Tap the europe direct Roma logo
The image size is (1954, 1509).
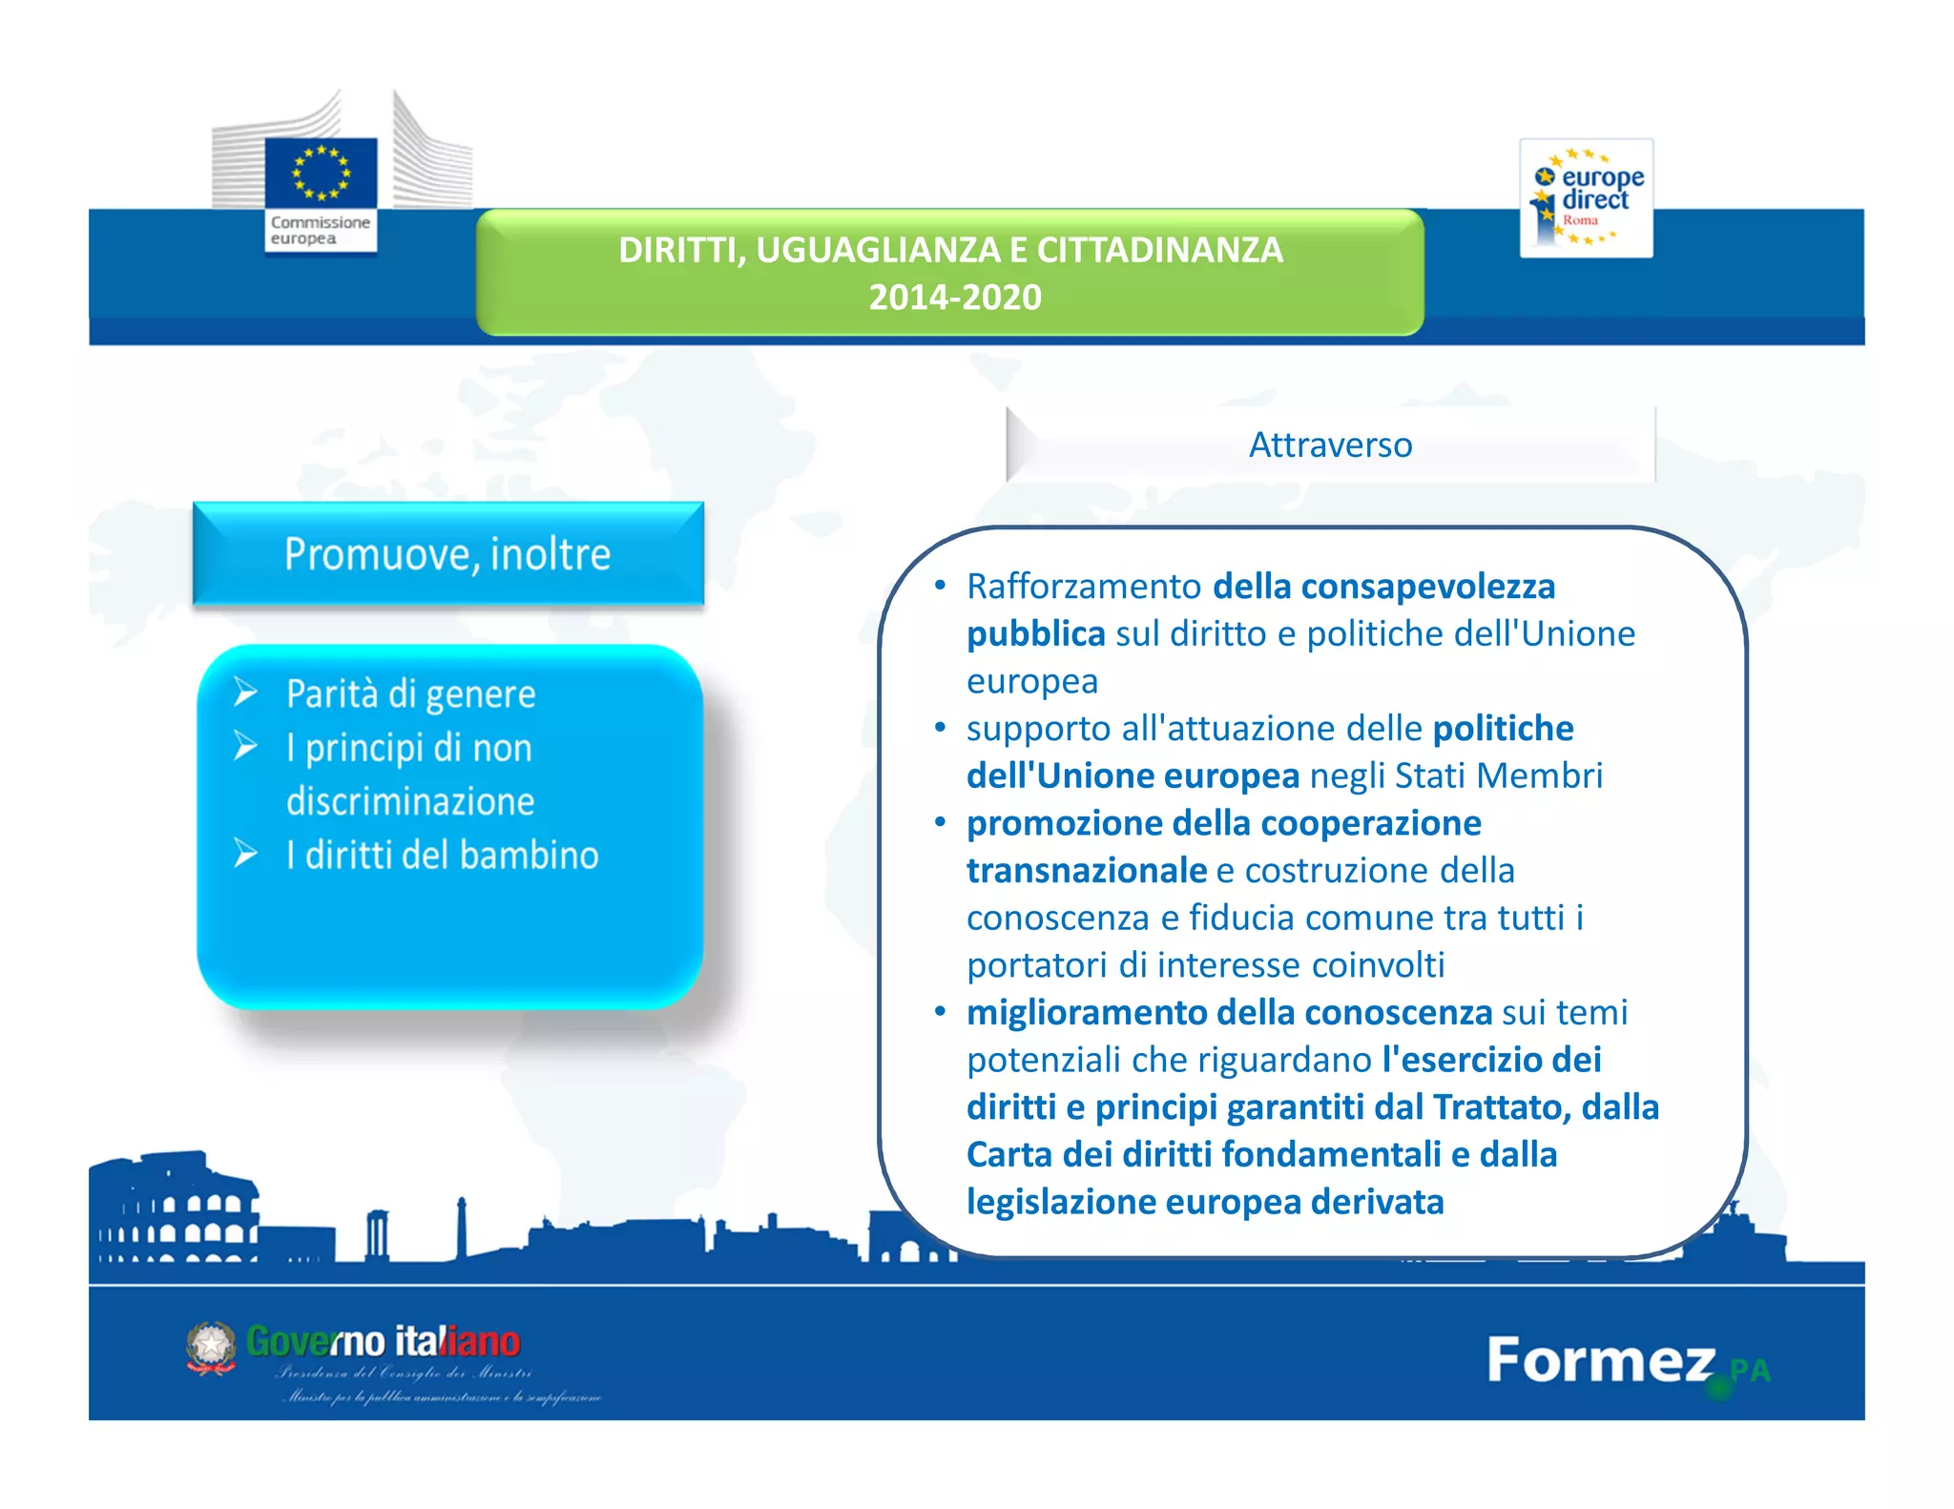point(1586,197)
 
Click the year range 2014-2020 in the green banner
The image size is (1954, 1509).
point(954,298)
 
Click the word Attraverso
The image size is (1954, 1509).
point(1330,445)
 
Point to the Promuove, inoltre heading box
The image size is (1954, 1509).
point(447,554)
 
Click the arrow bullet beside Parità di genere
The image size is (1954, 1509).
point(246,692)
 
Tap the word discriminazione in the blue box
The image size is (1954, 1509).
point(410,801)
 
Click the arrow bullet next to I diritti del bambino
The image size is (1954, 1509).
point(246,853)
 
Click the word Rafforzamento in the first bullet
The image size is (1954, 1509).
point(1084,587)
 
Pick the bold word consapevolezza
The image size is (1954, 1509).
point(1428,587)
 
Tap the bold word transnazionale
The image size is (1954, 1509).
point(1087,871)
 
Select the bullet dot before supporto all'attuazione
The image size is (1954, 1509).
point(940,729)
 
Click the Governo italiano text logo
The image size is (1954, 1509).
point(383,1342)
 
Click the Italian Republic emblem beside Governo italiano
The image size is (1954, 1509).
point(211,1347)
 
